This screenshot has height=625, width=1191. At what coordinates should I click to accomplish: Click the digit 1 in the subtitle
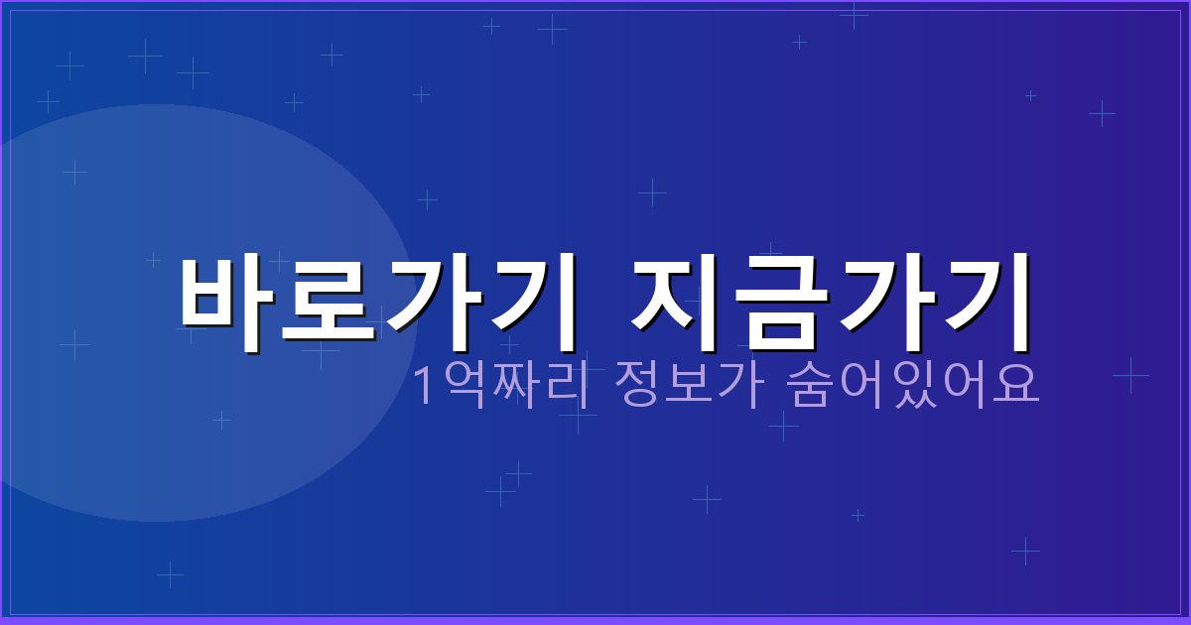423,386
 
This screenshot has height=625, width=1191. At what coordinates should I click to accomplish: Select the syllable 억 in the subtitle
460,386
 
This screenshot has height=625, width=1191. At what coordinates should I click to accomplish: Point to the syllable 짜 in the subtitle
509,386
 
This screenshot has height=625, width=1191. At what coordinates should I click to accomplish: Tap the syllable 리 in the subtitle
559,386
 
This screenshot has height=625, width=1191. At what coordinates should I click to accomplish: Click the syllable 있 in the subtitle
913,386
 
